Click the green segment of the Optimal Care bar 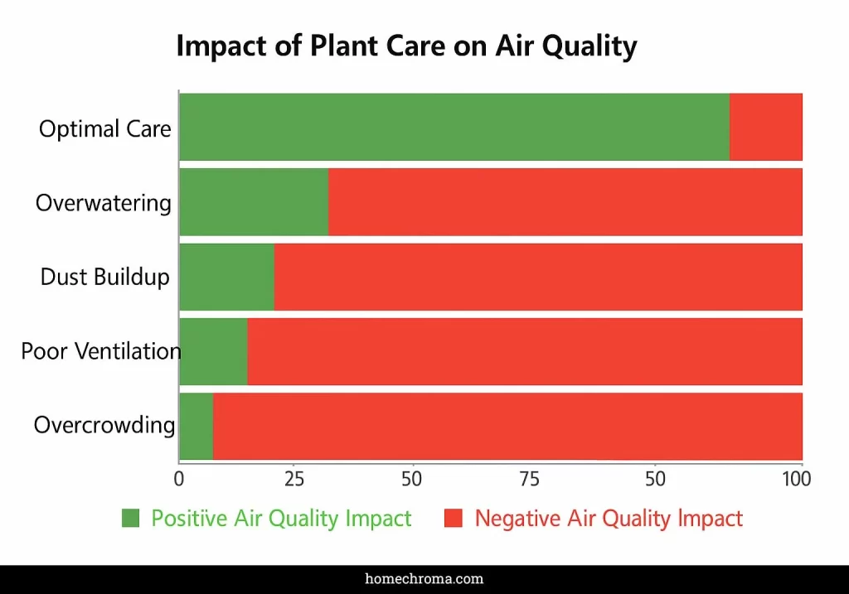[454, 127]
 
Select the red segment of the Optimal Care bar [766, 127]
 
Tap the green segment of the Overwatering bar [254, 202]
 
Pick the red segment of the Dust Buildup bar [538, 277]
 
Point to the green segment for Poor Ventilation [213, 351]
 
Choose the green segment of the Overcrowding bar [196, 426]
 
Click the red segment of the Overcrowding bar [507, 426]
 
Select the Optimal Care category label [105, 129]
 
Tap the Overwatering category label [104, 203]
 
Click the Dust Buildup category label [105, 277]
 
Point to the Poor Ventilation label [101, 351]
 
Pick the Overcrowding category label [104, 426]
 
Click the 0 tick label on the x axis [178, 479]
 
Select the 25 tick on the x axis [294, 479]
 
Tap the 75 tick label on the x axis [530, 479]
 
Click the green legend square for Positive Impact [131, 519]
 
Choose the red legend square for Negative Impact [453, 519]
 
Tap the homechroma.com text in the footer [424, 579]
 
